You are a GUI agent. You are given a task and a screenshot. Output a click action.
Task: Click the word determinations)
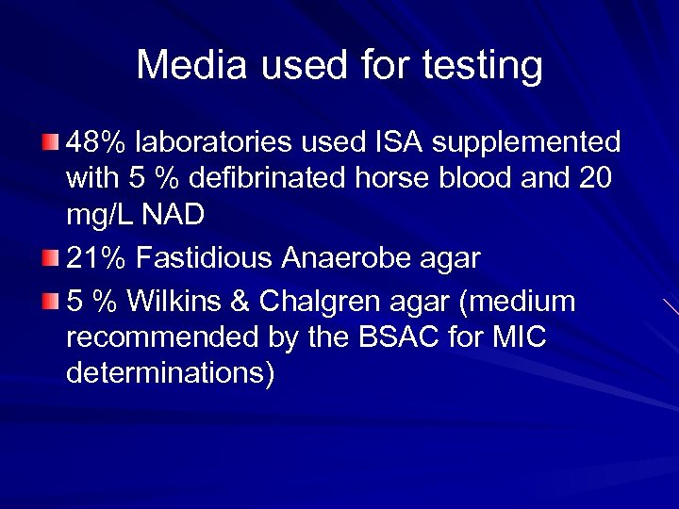[171, 373]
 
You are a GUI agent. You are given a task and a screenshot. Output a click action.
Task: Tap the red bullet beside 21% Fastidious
[51, 257]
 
